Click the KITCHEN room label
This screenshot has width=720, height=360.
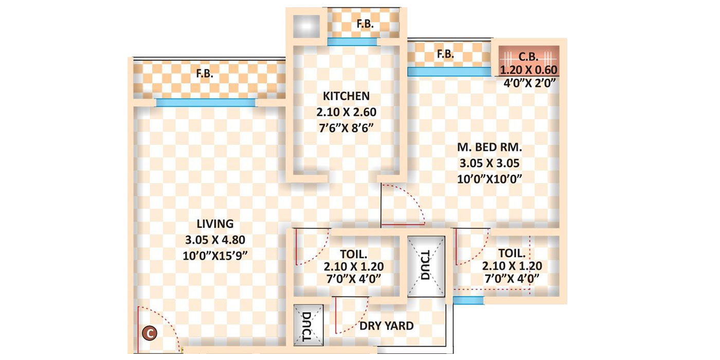[346, 96]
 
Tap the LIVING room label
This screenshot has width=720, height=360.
[215, 224]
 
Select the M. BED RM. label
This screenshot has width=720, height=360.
[490, 148]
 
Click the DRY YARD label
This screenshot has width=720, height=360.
[386, 326]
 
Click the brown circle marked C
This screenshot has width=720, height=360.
[150, 334]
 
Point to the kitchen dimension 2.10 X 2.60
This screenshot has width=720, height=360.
[346, 112]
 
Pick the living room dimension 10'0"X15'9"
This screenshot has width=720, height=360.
[215, 255]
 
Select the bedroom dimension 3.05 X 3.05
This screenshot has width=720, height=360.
[490, 164]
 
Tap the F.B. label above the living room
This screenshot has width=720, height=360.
[204, 74]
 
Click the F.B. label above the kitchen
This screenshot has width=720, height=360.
[365, 24]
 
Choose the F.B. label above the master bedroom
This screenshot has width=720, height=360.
[445, 53]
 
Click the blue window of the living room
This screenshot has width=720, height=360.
[205, 103]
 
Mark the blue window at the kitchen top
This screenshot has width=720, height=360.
[352, 42]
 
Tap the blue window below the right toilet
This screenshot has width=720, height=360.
[468, 300]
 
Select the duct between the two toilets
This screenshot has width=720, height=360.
[426, 266]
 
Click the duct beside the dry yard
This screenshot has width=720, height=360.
[308, 326]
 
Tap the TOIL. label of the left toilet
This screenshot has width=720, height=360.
[354, 254]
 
